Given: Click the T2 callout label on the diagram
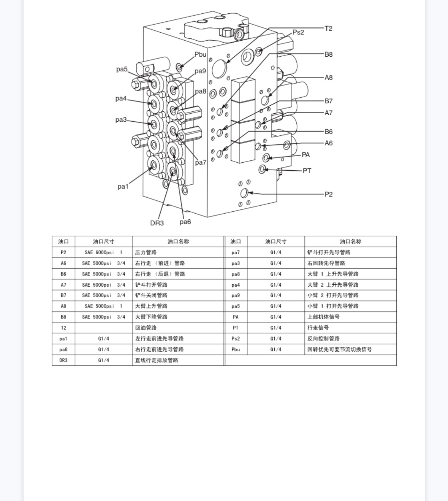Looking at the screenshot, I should click(328, 29).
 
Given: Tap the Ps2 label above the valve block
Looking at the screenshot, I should click(298, 32).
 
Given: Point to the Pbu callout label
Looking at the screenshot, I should click(200, 54).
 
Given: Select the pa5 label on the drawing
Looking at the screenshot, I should click(122, 69).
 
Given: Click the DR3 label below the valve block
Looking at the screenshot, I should click(157, 223).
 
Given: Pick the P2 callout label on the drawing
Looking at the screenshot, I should click(328, 195).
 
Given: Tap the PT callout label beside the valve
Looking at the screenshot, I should click(307, 171).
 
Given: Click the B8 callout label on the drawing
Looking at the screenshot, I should click(328, 54).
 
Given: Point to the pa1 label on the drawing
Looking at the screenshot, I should click(123, 187).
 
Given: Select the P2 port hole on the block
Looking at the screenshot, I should click(244, 193).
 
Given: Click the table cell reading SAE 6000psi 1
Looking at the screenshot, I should click(103, 252).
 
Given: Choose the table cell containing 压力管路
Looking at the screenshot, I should click(146, 252).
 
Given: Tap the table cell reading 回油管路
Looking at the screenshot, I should click(146, 328).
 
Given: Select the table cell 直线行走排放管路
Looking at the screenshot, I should click(157, 360).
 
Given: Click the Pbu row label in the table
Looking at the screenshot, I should click(236, 349).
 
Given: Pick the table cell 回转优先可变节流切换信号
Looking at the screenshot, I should click(339, 349).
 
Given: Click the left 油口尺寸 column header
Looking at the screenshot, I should click(103, 241).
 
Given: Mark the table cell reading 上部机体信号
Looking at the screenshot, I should click(323, 317).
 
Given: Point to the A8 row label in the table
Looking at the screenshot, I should click(63, 306).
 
